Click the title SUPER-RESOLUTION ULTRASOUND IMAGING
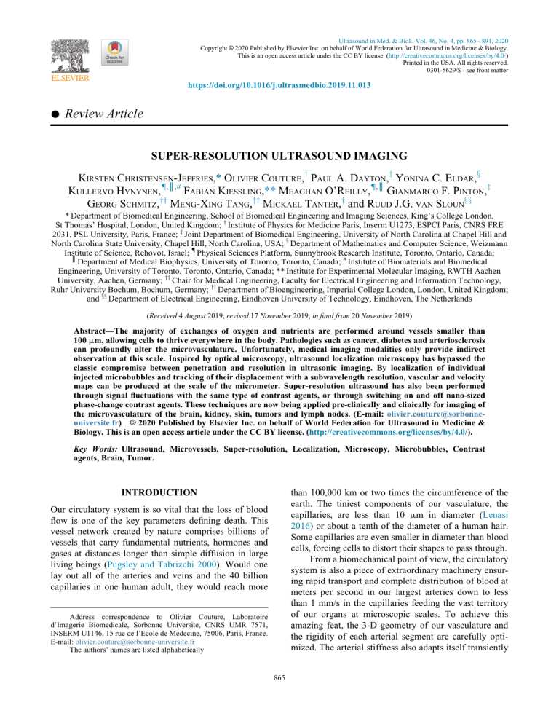279,157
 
